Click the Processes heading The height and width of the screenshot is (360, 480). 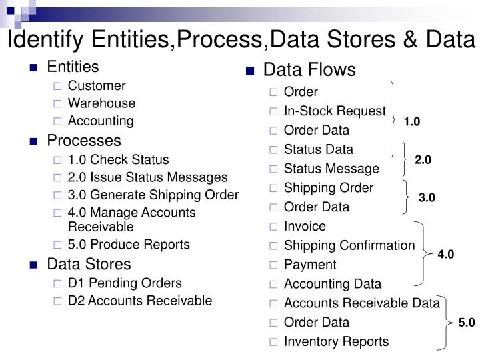pyautogui.click(x=84, y=141)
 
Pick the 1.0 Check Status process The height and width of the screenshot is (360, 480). pyautogui.click(x=119, y=160)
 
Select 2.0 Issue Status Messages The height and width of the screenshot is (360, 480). pyautogui.click(x=147, y=178)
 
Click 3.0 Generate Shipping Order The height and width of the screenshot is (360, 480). pyautogui.click(x=153, y=195)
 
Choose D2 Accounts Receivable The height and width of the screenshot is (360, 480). pyautogui.click(x=140, y=301)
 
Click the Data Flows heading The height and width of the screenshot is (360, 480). pyautogui.click(x=310, y=70)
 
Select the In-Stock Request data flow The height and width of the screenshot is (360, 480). pyautogui.click(x=335, y=111)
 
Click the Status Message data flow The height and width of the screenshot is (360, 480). pyautogui.click(x=331, y=169)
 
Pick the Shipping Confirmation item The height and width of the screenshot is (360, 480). pyautogui.click(x=349, y=245)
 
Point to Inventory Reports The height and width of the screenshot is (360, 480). pyautogui.click(x=336, y=342)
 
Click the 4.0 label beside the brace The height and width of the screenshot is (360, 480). pyautogui.click(x=445, y=254)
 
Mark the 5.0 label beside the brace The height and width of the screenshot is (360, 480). pyautogui.click(x=466, y=323)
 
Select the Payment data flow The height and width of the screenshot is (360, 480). pyautogui.click(x=309, y=265)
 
